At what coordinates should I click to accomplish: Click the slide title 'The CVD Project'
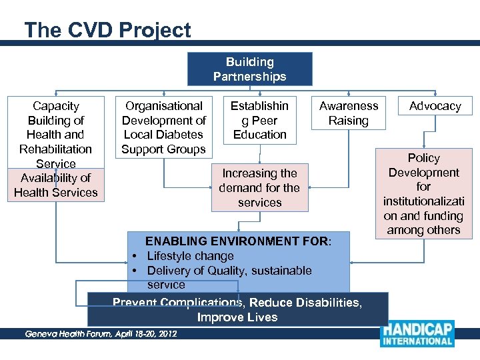click(107, 30)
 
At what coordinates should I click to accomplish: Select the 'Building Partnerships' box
click(249, 69)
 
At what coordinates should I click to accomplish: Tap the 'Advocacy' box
click(435, 106)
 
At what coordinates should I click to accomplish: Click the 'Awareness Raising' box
click(348, 113)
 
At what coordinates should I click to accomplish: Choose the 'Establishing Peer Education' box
click(259, 120)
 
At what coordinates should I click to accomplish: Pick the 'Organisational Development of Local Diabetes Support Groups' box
click(164, 127)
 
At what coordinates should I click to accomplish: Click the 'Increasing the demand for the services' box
click(259, 188)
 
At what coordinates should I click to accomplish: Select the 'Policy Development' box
click(423, 193)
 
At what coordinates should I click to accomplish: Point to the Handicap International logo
click(417, 335)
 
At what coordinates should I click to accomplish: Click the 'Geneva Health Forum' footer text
click(100, 333)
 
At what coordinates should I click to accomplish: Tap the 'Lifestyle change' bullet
click(190, 256)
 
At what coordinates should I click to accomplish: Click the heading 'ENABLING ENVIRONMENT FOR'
click(237, 241)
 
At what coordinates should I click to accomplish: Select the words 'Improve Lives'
click(237, 317)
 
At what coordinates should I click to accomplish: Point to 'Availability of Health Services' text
click(56, 185)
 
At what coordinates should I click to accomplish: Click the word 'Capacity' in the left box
click(56, 106)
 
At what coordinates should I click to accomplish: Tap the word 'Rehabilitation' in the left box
click(56, 149)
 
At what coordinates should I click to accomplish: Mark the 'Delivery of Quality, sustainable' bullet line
click(229, 271)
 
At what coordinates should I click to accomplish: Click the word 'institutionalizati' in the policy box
click(423, 201)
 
